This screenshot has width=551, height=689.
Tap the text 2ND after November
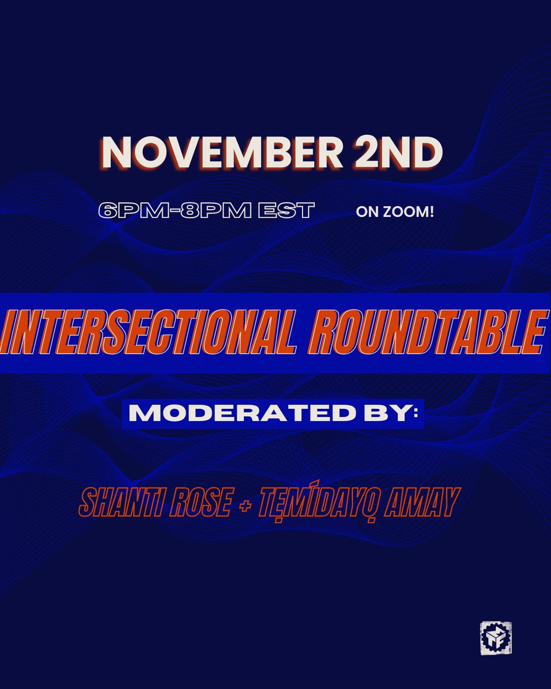point(408,152)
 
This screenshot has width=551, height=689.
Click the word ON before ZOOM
point(366,212)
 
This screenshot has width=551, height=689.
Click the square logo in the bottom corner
point(495,638)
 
